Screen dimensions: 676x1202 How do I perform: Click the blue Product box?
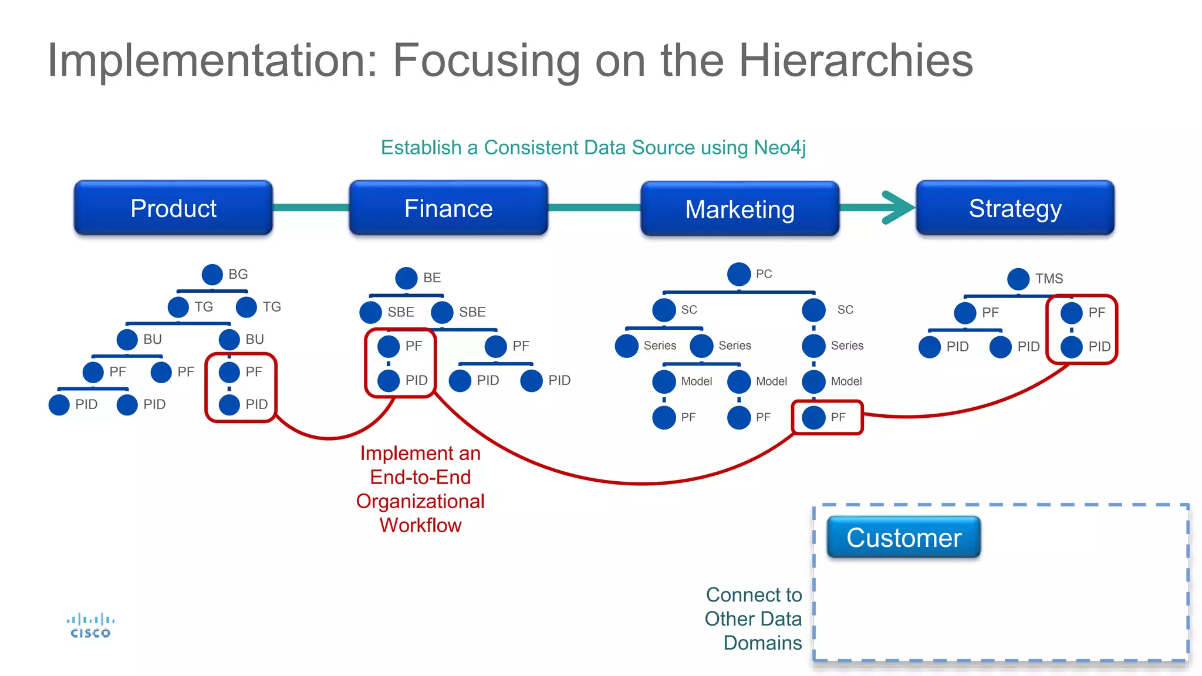coord(173,208)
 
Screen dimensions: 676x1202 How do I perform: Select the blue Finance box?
coord(448,208)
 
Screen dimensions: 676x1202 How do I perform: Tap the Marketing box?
coord(740,209)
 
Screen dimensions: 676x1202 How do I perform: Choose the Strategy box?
coord(1015,208)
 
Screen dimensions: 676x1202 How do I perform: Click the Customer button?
coord(903,538)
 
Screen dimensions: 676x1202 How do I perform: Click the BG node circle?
coord(212,274)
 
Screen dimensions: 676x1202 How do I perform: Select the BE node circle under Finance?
coord(406,278)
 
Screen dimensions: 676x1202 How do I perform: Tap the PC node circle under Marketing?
coord(739,274)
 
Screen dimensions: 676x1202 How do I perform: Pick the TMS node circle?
coord(1018,279)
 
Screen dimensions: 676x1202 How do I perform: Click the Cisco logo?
coord(90,626)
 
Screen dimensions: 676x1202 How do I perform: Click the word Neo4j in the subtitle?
coord(779,147)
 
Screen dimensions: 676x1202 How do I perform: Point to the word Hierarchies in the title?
coord(855,60)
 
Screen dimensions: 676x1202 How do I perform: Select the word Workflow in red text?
coord(420,525)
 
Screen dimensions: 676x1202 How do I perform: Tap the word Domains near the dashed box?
coord(762,643)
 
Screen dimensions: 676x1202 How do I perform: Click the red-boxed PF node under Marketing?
coord(814,417)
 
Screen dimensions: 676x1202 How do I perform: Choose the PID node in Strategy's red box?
coord(1072,347)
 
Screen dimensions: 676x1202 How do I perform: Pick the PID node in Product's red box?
coord(229,404)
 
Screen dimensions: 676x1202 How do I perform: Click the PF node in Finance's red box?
coord(389,346)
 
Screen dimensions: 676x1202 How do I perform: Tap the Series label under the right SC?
coord(847,346)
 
